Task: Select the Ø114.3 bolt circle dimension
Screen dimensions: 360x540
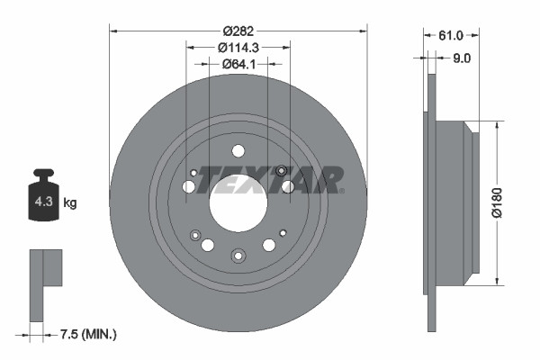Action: [x=238, y=48]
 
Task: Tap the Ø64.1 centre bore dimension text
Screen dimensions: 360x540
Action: [x=238, y=64]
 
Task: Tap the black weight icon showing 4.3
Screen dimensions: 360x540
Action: [x=42, y=199]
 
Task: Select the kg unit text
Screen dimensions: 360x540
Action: [x=70, y=203]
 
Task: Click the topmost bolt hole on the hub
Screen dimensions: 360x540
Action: [x=238, y=151]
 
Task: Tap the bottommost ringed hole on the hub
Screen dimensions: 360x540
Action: [x=238, y=255]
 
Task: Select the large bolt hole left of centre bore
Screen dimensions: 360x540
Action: [x=189, y=186]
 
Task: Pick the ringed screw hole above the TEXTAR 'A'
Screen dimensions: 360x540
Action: [x=282, y=171]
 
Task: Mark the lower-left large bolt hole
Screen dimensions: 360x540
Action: [x=208, y=245]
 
